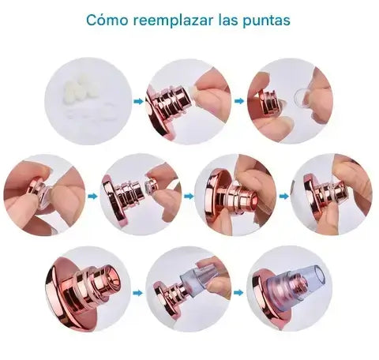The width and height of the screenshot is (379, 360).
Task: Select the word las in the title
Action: pos(227,20)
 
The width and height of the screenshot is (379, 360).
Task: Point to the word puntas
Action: pos(266,21)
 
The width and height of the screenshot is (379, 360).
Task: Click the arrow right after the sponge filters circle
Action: pos(138,101)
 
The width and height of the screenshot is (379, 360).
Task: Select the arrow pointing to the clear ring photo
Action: pos(239,101)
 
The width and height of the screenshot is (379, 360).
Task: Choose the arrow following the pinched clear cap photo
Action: pos(92,196)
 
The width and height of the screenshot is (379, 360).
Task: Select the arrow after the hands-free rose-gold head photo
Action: pos(138,293)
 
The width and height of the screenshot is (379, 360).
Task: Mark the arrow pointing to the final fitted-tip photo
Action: pos(238,292)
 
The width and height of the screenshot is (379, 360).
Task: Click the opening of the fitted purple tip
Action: pos(321,276)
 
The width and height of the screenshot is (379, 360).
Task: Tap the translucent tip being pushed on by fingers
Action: pos(195,276)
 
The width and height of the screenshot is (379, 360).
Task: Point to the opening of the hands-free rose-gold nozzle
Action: pos(114,279)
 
